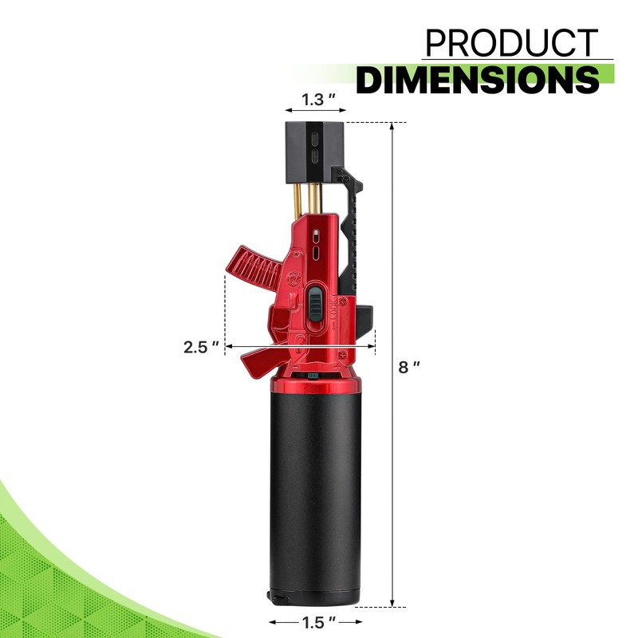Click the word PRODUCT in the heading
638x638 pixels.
click(x=511, y=43)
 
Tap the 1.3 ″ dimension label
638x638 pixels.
click(x=318, y=100)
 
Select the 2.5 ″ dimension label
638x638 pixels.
click(x=202, y=347)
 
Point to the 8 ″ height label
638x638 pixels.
click(x=409, y=367)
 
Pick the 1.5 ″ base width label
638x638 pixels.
click(x=318, y=622)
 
